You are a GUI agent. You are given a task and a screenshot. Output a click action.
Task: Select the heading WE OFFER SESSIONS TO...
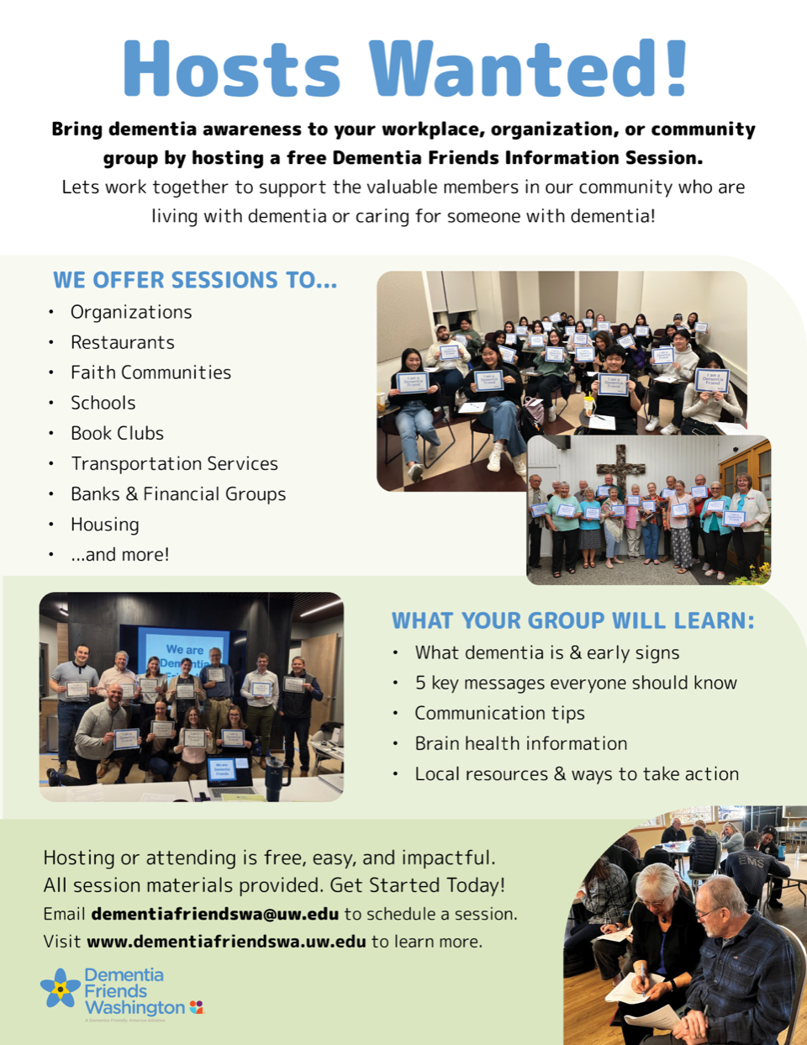pos(195,280)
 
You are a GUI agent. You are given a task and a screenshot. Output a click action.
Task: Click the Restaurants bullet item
pos(123,342)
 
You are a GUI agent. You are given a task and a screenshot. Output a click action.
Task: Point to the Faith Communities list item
pos(150,372)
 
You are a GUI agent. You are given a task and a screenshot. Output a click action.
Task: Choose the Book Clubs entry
pos(117,433)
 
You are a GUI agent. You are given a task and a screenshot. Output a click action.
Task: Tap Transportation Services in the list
pos(174,463)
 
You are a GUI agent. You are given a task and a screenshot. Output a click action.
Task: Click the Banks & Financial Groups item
pos(178,493)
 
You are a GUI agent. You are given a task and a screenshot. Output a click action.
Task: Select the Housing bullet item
pos(105,525)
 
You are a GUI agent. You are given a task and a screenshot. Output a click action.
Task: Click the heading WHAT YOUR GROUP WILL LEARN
pos(572,620)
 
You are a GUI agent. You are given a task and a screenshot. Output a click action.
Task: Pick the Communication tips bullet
pos(499,713)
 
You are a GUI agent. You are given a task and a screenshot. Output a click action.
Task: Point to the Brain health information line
pos(520,743)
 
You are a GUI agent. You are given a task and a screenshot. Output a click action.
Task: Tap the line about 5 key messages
pos(575,683)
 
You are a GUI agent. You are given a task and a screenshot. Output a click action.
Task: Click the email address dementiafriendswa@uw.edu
pos(215,914)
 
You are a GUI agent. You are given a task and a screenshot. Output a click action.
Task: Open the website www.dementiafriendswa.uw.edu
pos(226,942)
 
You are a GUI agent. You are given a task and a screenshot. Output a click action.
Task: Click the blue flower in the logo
pos(61,989)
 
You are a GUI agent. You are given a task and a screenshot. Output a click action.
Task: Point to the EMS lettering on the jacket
pos(751,863)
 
